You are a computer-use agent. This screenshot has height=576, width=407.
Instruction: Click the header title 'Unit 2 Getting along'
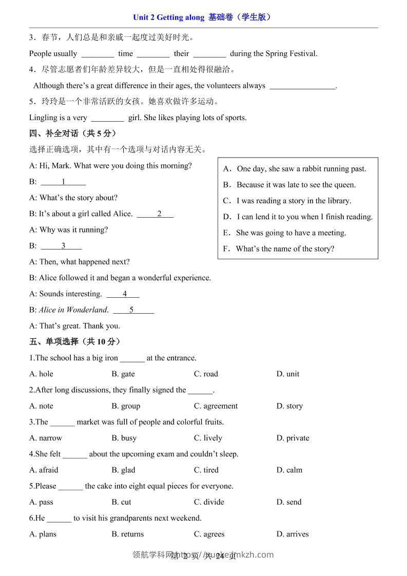(169, 17)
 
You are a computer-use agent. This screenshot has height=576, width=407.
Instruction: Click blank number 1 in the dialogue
(63, 181)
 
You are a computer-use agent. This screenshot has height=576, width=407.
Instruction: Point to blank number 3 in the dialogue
(63, 245)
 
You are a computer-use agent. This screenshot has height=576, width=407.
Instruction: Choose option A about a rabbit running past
(295, 168)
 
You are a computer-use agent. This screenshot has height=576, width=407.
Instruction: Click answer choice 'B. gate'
(123, 374)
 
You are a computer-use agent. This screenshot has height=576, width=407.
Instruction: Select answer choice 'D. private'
(293, 438)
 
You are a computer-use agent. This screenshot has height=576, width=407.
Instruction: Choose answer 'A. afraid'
(44, 470)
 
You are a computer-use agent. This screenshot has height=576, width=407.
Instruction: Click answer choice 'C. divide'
(209, 502)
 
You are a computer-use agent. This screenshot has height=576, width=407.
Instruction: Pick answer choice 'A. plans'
(43, 534)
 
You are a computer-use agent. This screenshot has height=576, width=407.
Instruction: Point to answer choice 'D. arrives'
(293, 534)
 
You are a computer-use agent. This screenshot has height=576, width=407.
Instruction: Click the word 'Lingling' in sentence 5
(43, 118)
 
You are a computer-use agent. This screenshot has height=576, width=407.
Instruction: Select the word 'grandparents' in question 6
(129, 517)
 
